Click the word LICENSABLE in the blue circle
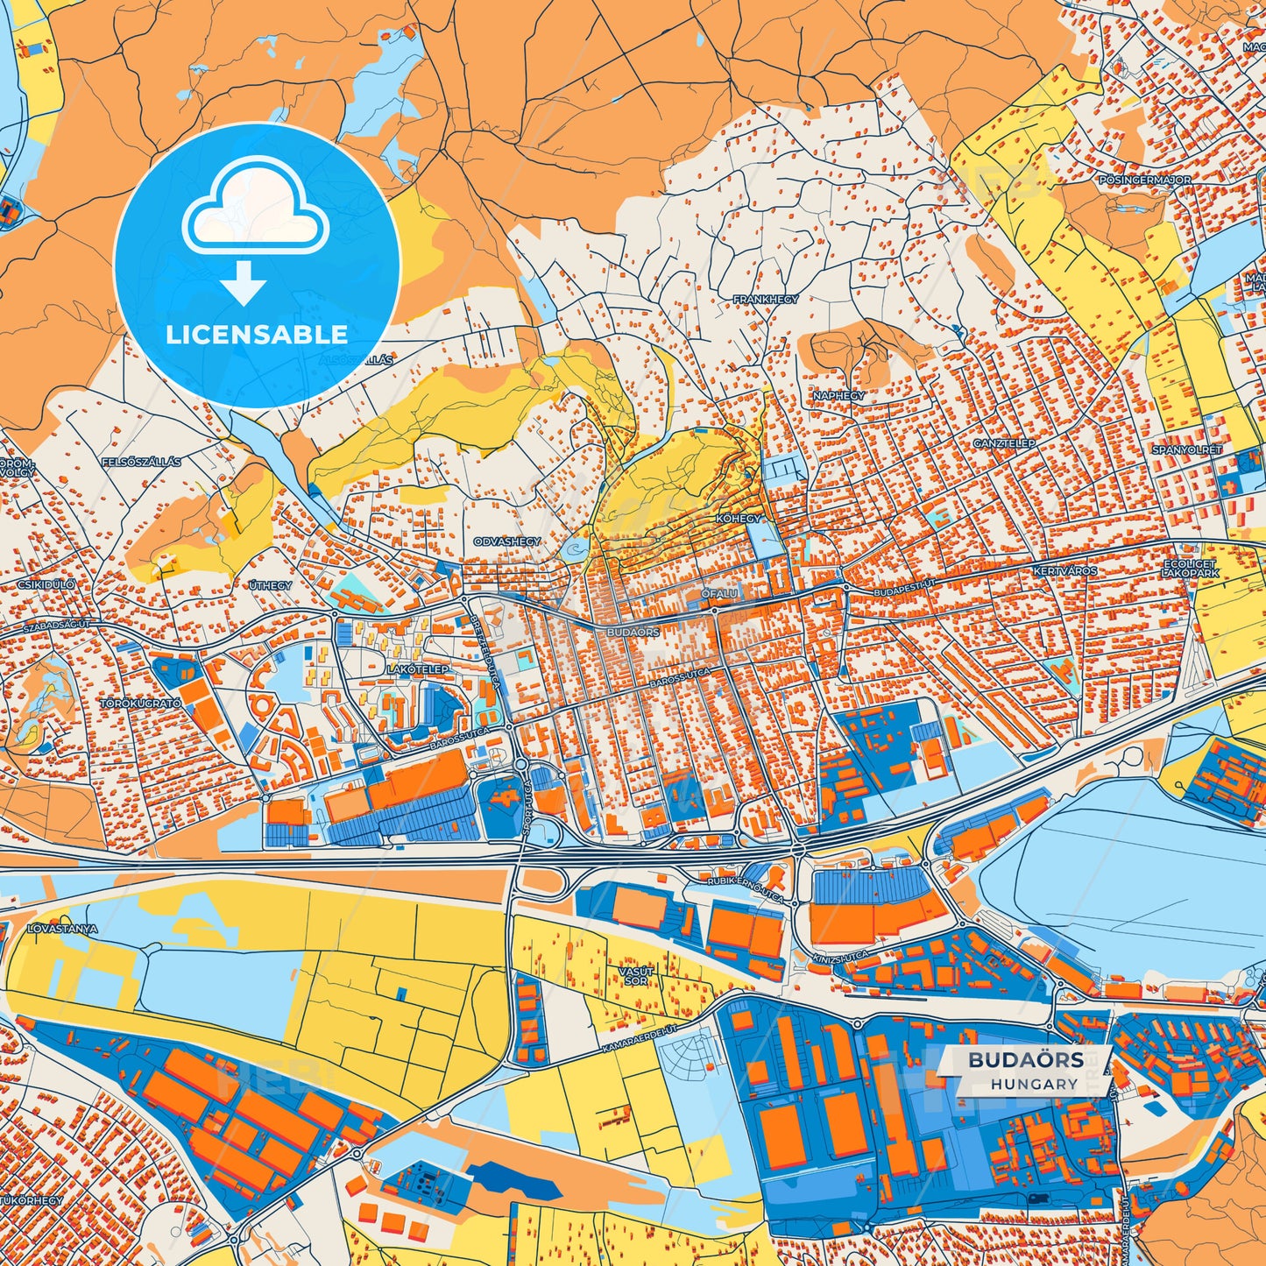coord(256,335)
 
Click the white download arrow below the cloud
coord(244,282)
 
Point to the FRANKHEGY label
coord(766,300)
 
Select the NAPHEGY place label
coord(838,396)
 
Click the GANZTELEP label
coord(1004,444)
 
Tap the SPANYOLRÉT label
coord(1186,450)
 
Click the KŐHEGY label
coord(739,519)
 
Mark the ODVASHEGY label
coord(507,542)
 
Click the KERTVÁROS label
coord(1065,571)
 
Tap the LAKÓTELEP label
coord(418,669)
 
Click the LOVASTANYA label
coord(62,927)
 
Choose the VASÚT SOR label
coord(636,976)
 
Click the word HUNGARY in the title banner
coord(1034,1084)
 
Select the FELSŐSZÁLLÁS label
coord(141,462)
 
